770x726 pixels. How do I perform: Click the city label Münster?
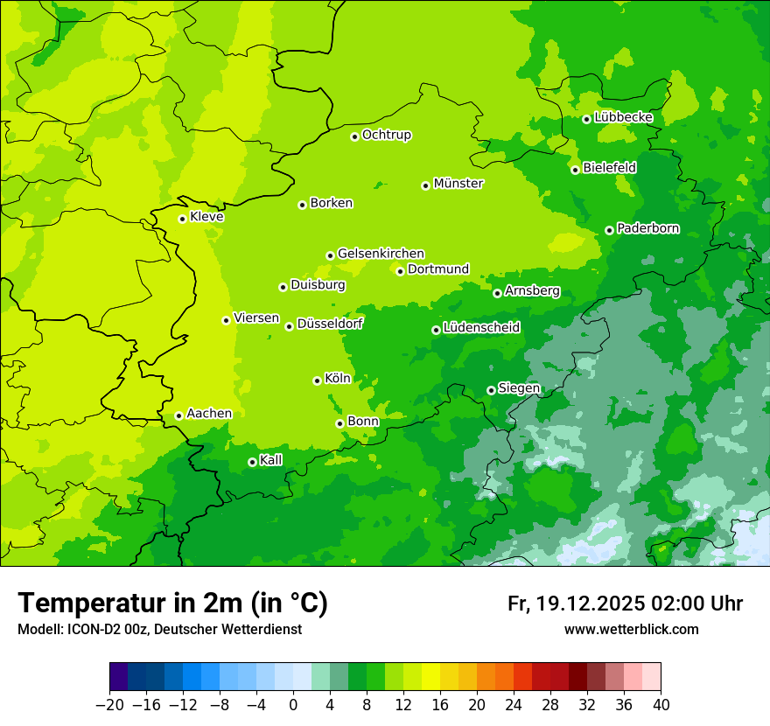pos(458,184)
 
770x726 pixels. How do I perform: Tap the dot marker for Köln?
pos(317,380)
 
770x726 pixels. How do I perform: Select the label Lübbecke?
pos(623,117)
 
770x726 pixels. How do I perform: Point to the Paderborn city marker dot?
pos(609,230)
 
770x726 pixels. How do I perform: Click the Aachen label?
pos(209,414)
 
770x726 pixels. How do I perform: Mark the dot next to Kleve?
pos(182,219)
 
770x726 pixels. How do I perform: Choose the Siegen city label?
pos(519,388)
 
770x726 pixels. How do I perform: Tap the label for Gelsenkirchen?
pos(381,254)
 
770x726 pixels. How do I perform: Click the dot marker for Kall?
pos(252,462)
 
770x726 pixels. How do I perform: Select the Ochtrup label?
pos(387,135)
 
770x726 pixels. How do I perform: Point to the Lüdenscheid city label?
pos(481,328)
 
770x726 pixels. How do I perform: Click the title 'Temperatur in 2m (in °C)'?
pos(172,603)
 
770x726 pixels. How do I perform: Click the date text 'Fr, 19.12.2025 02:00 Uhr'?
pos(625,604)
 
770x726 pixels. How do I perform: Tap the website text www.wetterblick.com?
pos(631,629)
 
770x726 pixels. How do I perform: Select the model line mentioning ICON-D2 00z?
pos(159,629)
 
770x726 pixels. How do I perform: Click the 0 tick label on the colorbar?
pos(293,705)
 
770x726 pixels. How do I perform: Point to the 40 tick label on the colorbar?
pos(661,705)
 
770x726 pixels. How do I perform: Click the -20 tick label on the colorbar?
pos(109,705)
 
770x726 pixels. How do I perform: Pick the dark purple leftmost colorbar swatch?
pos(118,677)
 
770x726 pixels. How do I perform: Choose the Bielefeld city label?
pos(609,167)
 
